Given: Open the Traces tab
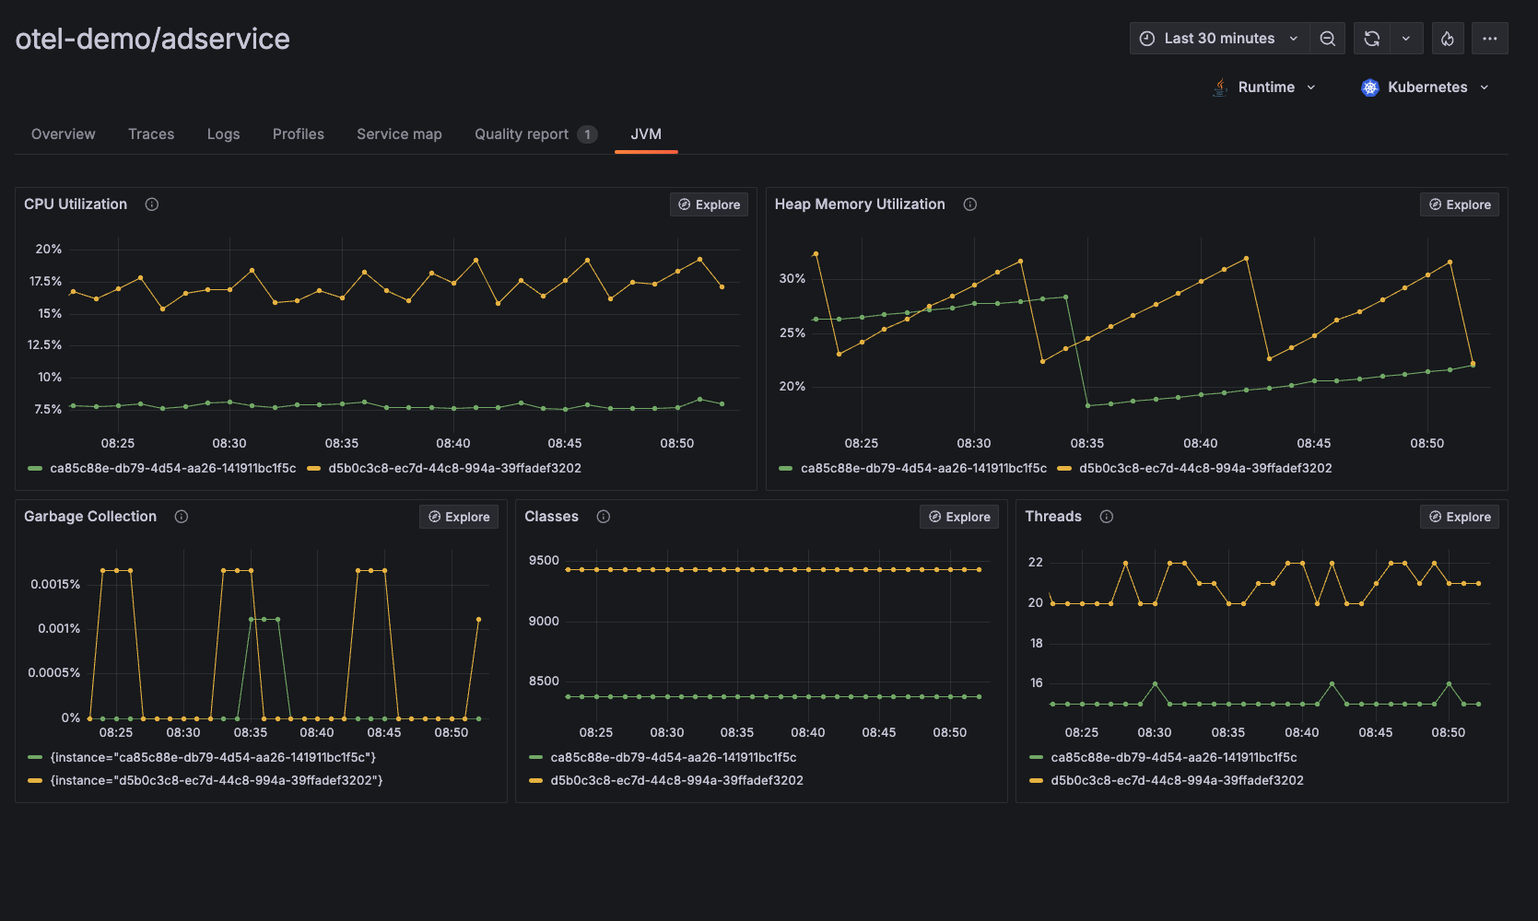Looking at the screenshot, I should point(151,134).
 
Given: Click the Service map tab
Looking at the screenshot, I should point(399,134).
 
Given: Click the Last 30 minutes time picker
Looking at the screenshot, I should point(1218,39).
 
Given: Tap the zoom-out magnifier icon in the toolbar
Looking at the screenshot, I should point(1327,39).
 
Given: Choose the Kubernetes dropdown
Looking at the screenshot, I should point(1425,87).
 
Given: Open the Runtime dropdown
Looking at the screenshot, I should point(1264,87).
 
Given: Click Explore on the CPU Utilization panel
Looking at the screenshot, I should point(709,204).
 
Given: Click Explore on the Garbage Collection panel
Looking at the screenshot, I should point(458,517).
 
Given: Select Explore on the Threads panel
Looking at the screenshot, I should point(1459,517).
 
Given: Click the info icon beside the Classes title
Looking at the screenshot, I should point(604,517).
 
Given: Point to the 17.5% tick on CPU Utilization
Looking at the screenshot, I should point(45,281).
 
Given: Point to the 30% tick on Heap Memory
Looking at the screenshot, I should point(792,278).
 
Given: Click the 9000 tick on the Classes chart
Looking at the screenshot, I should point(544,621).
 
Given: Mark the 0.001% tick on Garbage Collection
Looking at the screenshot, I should point(59,628).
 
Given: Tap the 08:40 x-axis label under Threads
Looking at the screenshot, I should point(1301,732).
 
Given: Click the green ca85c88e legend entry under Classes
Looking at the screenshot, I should point(673,757).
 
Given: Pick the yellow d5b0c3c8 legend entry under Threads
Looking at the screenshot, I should point(1177,780).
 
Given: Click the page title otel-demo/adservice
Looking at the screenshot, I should point(153,39).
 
